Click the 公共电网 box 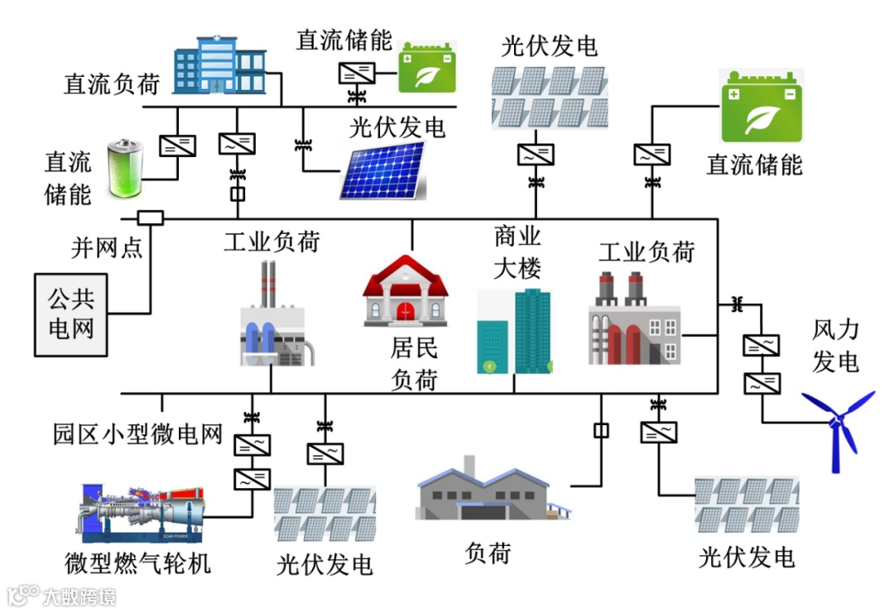click(x=71, y=314)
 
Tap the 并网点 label click(x=106, y=247)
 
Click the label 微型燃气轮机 click(x=138, y=563)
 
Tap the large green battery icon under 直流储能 click(x=762, y=105)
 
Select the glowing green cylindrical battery click(x=126, y=170)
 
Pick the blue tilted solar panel click(x=383, y=171)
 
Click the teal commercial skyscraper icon click(x=514, y=331)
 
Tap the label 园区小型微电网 click(x=138, y=433)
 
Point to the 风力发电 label click(x=835, y=346)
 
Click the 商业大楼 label click(x=517, y=252)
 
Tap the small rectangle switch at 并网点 click(x=150, y=218)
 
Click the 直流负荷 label click(x=111, y=84)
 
